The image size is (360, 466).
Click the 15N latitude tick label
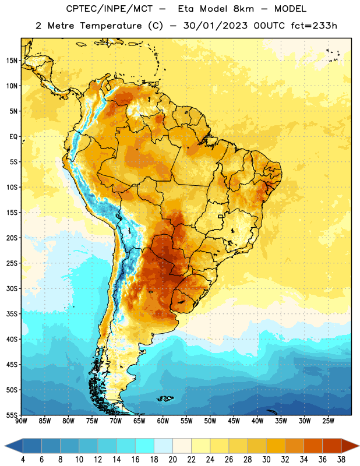(x=12, y=61)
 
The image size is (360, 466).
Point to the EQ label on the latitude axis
(x=13, y=137)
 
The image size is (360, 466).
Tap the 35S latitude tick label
(x=12, y=314)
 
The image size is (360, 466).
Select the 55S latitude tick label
(x=12, y=415)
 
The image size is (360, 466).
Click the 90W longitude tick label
(x=22, y=421)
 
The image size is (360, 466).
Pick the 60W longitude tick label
(x=163, y=421)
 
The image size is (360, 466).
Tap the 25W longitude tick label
(x=328, y=421)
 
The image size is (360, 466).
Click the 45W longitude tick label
(x=234, y=421)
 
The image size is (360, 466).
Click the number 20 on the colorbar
(x=172, y=460)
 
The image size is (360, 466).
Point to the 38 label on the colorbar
(x=341, y=460)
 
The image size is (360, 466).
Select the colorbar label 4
(x=23, y=460)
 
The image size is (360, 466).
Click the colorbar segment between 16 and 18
(x=145, y=446)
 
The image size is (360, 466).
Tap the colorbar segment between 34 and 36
(x=313, y=446)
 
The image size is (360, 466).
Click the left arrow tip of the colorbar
(x=5, y=446)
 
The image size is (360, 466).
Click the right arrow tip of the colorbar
(x=359, y=446)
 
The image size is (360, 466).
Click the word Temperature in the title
(x=111, y=26)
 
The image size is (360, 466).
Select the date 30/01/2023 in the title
(x=215, y=26)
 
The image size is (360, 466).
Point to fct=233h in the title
(x=314, y=26)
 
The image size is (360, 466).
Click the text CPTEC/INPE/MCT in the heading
(x=109, y=9)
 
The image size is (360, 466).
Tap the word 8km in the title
(x=243, y=9)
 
